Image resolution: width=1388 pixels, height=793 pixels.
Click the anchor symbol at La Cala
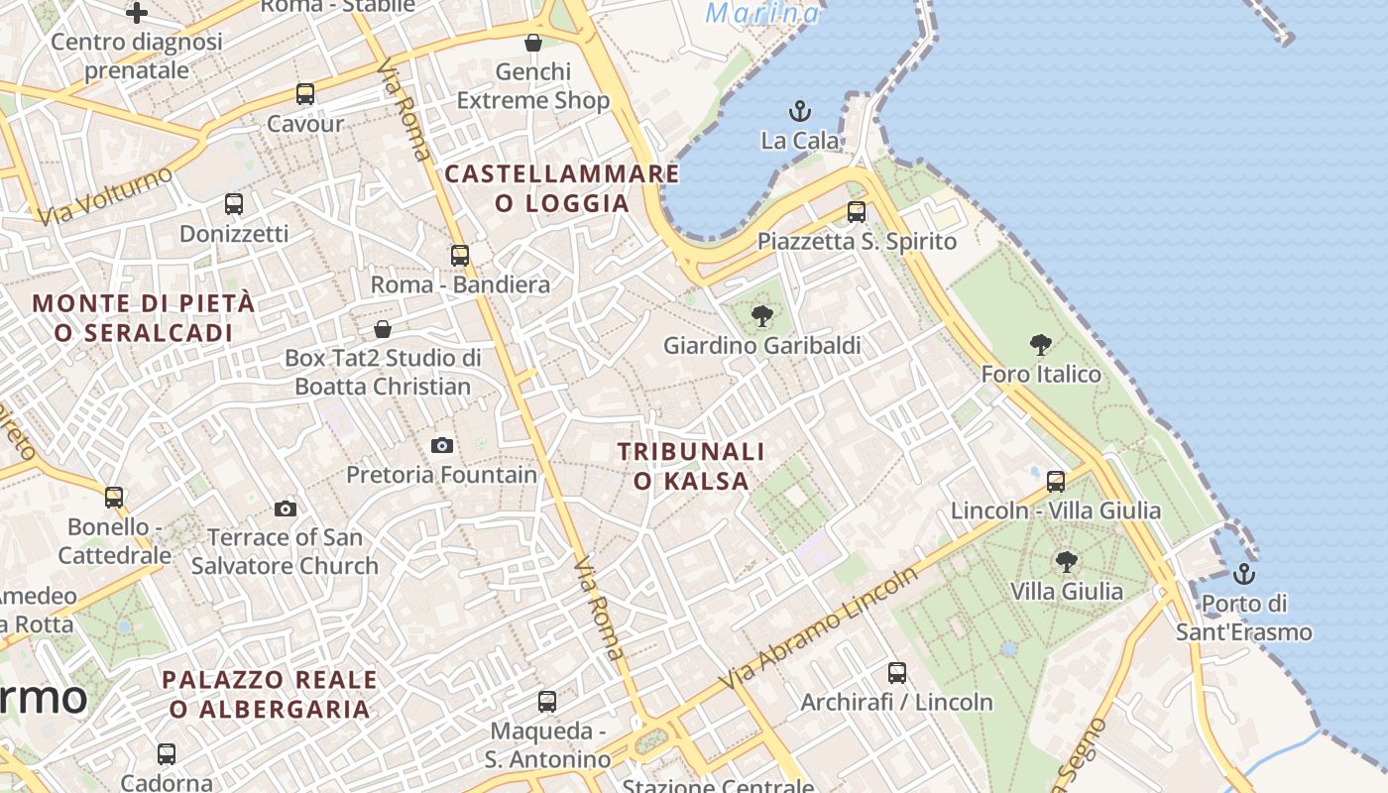[x=799, y=111]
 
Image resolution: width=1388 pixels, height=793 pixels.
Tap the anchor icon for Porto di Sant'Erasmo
[x=1243, y=574]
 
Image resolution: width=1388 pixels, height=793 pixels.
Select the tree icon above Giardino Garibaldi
[x=761, y=317]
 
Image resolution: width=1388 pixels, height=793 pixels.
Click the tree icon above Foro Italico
[x=1041, y=345]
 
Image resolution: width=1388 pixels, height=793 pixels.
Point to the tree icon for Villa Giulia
[x=1067, y=562]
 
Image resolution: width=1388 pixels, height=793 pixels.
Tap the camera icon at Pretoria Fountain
[x=442, y=446]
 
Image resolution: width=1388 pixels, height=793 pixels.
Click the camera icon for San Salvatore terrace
[x=286, y=509]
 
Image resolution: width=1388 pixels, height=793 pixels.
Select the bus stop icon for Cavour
[x=305, y=94]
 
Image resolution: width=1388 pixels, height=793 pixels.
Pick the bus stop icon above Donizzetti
[x=234, y=204]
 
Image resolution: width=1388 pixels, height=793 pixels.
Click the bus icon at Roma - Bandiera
[x=460, y=255]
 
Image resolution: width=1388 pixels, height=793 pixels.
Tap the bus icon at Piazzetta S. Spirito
[x=857, y=211]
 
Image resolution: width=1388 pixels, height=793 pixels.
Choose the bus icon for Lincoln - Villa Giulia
[x=1056, y=482]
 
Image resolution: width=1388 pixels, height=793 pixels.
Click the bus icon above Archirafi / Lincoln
[x=897, y=672]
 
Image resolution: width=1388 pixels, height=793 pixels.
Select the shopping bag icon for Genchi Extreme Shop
[x=533, y=43]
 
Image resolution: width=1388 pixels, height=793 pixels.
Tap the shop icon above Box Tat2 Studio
[x=383, y=328]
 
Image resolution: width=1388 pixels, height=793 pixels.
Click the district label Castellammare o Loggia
[x=562, y=188]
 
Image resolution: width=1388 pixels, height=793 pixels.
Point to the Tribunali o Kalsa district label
[x=691, y=466]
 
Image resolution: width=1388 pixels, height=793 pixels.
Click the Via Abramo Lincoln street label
[x=820, y=630]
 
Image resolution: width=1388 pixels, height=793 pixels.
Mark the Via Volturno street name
[x=104, y=195]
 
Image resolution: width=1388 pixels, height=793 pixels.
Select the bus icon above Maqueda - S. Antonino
[x=547, y=702]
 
